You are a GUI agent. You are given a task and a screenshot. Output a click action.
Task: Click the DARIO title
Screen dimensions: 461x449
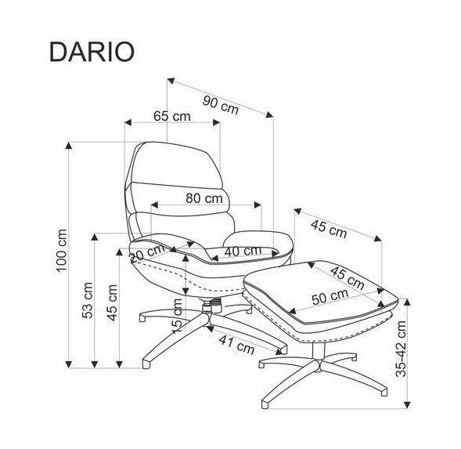click(92, 52)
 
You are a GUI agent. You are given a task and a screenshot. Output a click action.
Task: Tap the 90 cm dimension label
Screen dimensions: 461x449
click(221, 105)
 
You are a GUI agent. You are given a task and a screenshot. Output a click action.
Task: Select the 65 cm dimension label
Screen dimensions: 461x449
click(172, 116)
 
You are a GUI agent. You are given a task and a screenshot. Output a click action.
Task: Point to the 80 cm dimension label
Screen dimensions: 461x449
click(204, 198)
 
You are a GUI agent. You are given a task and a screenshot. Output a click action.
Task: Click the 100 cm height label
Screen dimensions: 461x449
click(62, 251)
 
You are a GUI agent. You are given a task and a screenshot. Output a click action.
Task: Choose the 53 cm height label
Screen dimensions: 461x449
click(88, 301)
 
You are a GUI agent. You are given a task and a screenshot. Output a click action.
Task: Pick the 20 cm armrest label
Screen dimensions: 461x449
click(147, 253)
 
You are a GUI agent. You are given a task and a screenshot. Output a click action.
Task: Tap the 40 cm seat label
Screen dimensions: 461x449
click(243, 251)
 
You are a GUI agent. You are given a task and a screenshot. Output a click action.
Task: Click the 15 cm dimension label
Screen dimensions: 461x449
click(177, 316)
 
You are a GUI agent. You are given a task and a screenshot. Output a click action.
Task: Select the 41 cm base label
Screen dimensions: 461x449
click(236, 345)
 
